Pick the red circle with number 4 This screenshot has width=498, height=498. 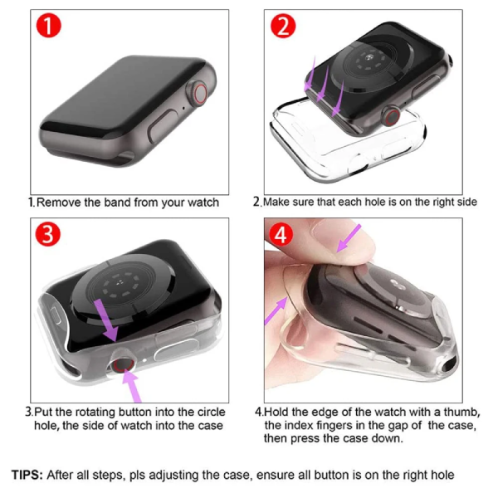pyautogui.click(x=283, y=234)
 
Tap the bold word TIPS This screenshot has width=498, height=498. pyautogui.click(x=30, y=476)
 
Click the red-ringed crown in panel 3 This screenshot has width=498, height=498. pyautogui.click(x=124, y=362)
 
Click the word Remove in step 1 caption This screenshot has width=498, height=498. pyautogui.click(x=57, y=202)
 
